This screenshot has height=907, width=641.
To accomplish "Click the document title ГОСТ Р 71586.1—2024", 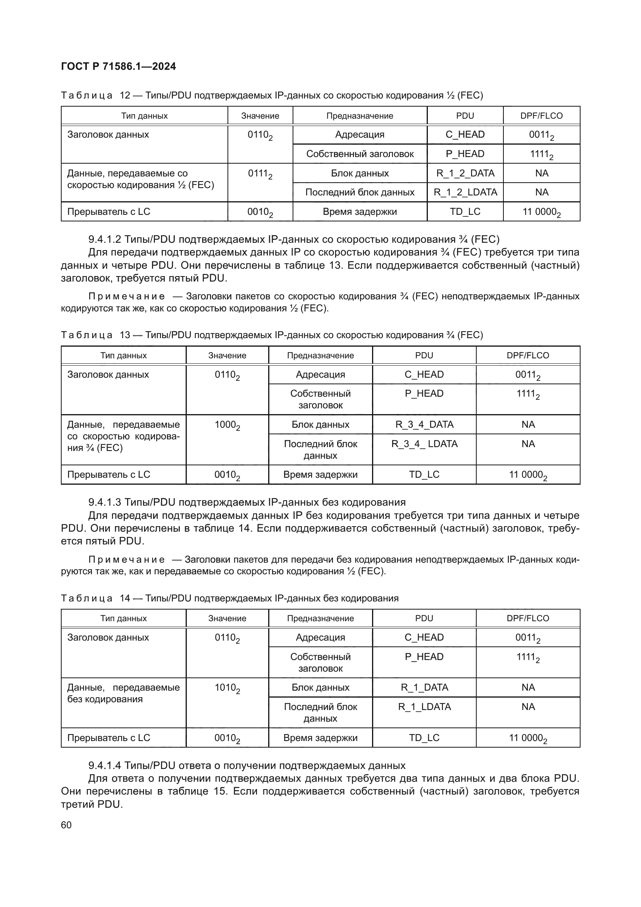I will click(x=119, y=66).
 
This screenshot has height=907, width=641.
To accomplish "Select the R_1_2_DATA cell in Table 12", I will click(x=465, y=173).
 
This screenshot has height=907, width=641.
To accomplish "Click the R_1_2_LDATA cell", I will click(x=465, y=192).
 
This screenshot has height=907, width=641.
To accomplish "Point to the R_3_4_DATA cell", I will click(x=424, y=425).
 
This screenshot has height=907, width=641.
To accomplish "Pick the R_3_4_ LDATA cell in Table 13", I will click(x=424, y=444).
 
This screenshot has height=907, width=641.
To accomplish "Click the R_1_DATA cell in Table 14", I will click(x=424, y=688).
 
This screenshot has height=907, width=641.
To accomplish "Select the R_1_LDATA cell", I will click(x=424, y=707).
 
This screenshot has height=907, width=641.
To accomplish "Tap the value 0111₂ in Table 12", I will click(x=260, y=174).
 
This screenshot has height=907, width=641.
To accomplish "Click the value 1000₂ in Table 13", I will click(x=227, y=426).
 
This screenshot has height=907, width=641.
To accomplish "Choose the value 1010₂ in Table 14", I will click(x=227, y=689).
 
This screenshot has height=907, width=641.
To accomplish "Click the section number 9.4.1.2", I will click(x=105, y=239).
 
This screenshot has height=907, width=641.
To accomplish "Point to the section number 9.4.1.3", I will click(x=105, y=503).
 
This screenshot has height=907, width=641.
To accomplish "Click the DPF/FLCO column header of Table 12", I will click(x=541, y=116).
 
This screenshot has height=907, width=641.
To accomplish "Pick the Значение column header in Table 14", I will click(x=227, y=618).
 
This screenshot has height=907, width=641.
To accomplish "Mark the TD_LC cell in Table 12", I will click(x=465, y=212).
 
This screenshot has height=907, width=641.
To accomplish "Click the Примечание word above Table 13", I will click(x=126, y=296).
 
